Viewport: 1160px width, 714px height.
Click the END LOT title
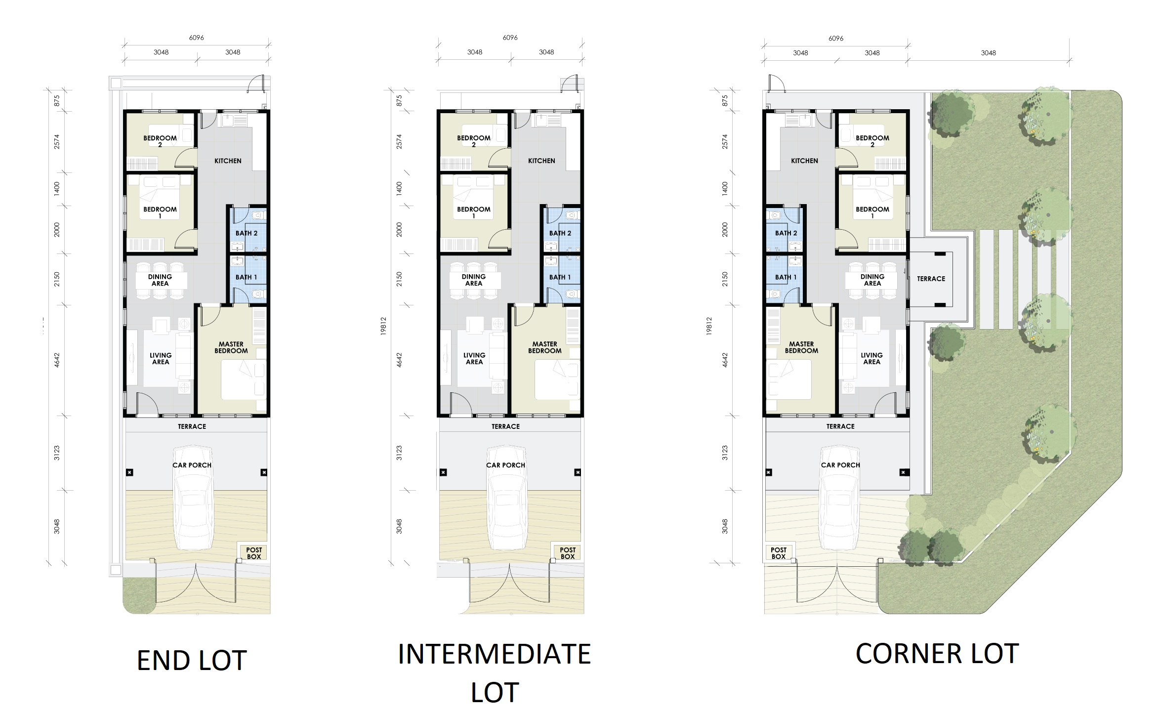[x=192, y=661]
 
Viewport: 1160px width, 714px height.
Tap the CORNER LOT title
[x=937, y=654]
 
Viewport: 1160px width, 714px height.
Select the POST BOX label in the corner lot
[x=779, y=553]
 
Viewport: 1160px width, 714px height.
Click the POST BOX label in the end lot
[x=254, y=553]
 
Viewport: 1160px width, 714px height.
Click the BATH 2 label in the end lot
[x=247, y=233]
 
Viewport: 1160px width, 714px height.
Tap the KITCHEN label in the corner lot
[x=804, y=161]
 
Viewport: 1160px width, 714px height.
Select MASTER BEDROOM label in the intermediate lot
[x=545, y=347]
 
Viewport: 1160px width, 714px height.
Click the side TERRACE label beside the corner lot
[x=931, y=279]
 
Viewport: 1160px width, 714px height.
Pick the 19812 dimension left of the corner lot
[x=709, y=326]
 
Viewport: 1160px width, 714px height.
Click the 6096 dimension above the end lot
[x=197, y=38]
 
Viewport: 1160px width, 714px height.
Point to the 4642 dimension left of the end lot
[x=57, y=360]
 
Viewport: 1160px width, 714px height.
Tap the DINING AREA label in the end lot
[x=160, y=280]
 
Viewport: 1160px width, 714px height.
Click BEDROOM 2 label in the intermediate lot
[x=474, y=141]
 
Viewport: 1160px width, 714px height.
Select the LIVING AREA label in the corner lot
[x=872, y=358]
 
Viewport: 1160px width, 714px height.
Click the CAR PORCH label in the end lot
[x=192, y=465]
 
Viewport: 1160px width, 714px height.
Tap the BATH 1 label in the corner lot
[x=786, y=277]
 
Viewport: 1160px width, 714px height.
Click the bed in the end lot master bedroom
[x=243, y=379]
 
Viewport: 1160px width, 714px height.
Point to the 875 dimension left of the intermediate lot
[x=399, y=101]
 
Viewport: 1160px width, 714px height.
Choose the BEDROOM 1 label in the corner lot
[x=872, y=212]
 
